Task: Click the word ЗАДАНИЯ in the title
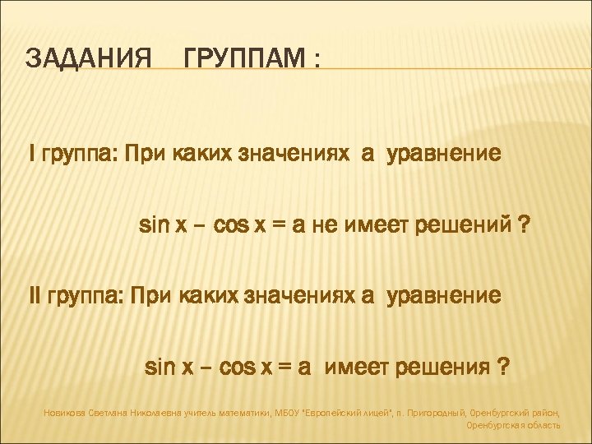(89, 59)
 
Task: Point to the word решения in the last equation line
(443, 366)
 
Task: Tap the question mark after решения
(503, 366)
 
